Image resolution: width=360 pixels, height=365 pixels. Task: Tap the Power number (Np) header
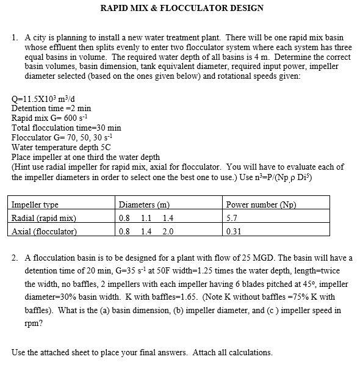(261, 204)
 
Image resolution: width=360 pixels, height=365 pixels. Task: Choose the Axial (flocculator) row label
(45, 231)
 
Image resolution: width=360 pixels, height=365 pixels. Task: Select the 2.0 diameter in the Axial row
(168, 231)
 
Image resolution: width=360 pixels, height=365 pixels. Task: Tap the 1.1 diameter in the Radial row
(146, 218)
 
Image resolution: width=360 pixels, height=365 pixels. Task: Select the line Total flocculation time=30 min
(67, 128)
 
